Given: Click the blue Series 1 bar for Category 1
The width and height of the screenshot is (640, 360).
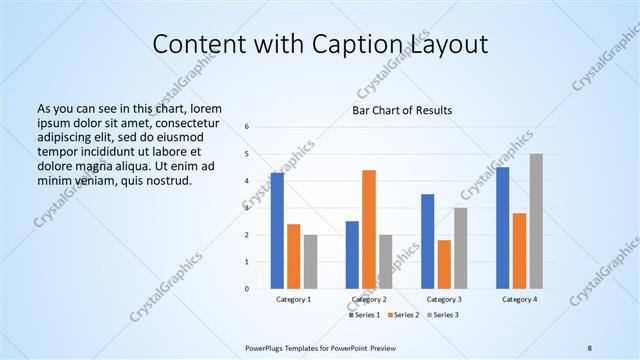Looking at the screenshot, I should click(277, 231).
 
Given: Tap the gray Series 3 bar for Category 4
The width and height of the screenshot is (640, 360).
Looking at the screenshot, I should click(536, 221).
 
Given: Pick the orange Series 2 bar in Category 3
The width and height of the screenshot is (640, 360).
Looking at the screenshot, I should click(444, 264).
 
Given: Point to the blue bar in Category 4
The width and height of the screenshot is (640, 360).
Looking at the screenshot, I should click(502, 228).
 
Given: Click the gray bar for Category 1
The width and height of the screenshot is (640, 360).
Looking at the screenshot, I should click(311, 261).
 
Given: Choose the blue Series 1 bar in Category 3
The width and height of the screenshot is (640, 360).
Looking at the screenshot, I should click(427, 241).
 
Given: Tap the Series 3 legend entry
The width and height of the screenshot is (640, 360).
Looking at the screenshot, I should click(444, 315).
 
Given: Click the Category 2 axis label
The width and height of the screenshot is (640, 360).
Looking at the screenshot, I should click(369, 300).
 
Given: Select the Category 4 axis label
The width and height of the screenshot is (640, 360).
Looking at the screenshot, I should click(519, 300).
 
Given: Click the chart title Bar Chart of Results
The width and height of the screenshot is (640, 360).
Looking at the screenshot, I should click(401, 110).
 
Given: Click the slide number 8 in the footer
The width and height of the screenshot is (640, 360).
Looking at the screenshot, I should click(590, 347).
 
